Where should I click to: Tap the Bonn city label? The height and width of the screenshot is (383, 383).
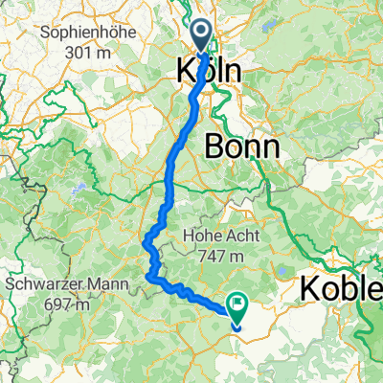tap(243, 146)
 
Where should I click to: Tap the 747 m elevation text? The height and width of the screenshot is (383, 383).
tap(222, 258)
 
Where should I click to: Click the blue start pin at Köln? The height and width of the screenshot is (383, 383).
tap(204, 36)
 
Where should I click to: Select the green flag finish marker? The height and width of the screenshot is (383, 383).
tap(236, 305)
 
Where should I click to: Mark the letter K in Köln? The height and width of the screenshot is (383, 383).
tap(186, 71)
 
